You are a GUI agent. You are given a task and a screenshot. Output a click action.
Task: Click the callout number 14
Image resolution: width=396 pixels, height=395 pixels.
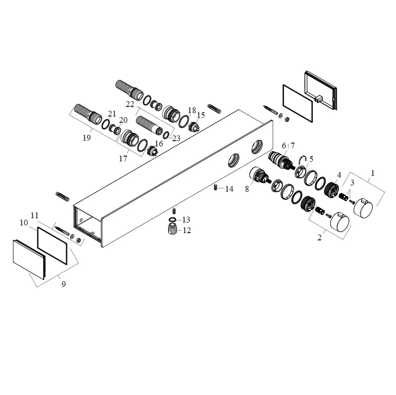229,189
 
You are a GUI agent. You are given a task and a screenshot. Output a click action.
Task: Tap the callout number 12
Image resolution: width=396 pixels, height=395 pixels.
187,230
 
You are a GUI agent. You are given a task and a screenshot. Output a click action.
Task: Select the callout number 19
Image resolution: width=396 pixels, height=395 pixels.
87,138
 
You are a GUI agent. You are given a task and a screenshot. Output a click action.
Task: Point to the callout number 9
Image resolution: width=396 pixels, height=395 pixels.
63,284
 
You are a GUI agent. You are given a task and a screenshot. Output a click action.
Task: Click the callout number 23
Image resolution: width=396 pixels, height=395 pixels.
176,138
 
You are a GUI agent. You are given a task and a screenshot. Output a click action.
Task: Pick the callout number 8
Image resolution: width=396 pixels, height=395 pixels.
247,189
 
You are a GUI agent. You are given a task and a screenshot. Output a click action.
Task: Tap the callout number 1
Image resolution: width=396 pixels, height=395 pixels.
372,173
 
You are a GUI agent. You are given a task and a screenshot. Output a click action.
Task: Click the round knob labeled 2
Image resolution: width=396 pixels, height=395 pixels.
340,221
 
